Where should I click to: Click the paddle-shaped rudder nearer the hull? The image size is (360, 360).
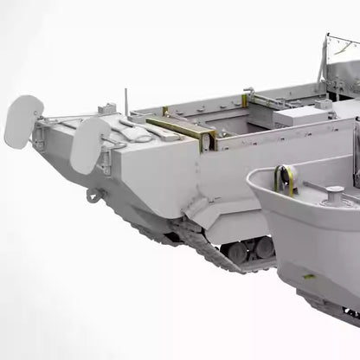[89, 144]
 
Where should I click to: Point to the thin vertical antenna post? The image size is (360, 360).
[126, 99]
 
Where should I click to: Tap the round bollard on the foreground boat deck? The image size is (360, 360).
[333, 192]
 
